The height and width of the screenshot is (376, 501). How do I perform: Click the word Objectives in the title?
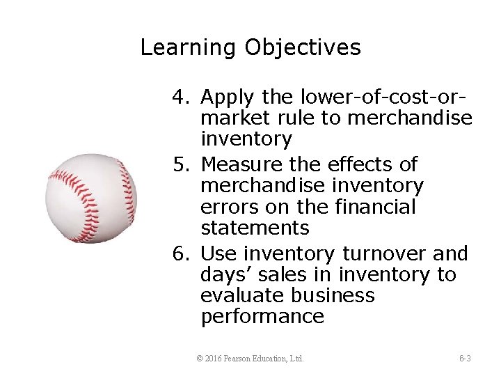pos(303,48)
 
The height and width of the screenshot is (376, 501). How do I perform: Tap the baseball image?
pos(91,198)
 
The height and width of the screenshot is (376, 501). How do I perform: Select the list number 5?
pos(180,164)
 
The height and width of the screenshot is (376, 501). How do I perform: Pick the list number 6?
pos(180,253)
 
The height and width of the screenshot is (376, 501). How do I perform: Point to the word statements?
pos(255,228)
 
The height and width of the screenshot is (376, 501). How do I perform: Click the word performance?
pos(262,318)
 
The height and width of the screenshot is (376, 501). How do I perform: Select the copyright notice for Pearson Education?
pos(250,359)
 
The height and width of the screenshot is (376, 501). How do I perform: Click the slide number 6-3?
pos(465,359)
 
